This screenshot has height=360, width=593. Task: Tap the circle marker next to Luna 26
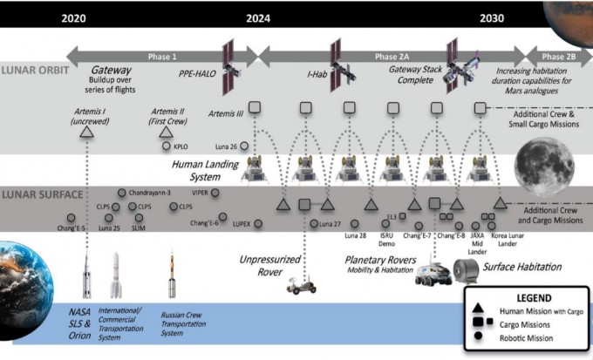pyautogui.click(x=244, y=146)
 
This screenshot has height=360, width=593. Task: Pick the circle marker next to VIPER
pyautogui.click(x=215, y=192)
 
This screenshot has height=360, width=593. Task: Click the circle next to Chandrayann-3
pyautogui.click(x=121, y=192)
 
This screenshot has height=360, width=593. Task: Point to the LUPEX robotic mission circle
pyautogui.click(x=258, y=223)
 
